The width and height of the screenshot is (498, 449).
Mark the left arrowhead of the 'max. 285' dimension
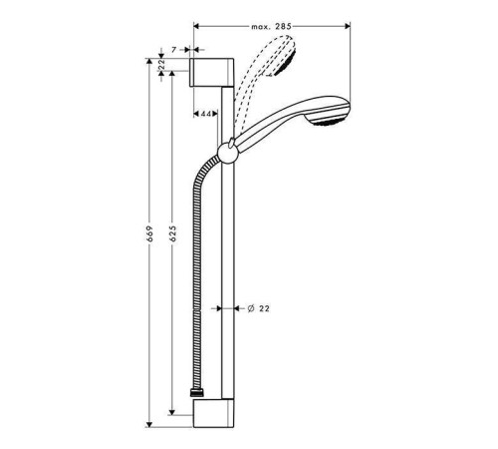coord(197,27)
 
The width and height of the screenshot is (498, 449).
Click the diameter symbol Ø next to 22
coord(252,309)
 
